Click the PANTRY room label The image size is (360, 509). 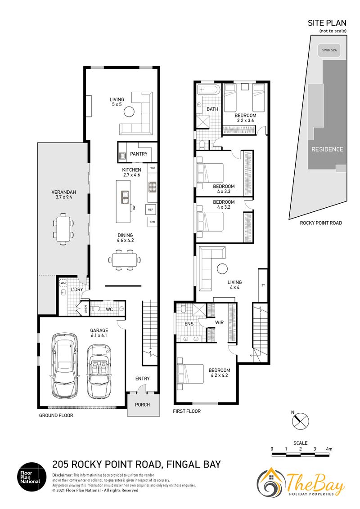139,154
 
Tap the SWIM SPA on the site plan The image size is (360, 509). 329,50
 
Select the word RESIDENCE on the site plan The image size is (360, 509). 327,149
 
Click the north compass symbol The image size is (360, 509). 301,421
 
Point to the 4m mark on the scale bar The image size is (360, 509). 329,449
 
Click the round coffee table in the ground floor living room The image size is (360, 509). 129,112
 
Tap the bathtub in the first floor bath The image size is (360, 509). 209,90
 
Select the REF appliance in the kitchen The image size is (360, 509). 151,210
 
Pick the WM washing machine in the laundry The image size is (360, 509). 63,283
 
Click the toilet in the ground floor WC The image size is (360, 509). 95,309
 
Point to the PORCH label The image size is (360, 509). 142,405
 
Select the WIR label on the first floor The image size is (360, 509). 219,322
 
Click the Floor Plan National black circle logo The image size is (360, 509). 30,477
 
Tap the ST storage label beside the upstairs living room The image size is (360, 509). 263,286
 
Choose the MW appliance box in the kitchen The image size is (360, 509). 153,222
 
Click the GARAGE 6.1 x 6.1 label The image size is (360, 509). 99,333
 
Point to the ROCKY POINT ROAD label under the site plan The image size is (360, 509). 321,223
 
